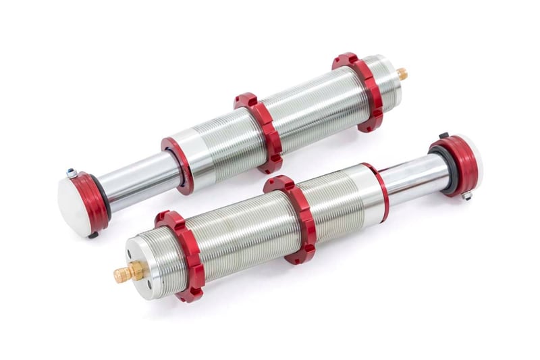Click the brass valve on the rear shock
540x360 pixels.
pos(402,74)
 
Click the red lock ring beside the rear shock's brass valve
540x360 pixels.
pos(358,92)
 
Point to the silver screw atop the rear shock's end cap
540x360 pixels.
pos(71,174)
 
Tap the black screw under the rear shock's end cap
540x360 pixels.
pos(94,235)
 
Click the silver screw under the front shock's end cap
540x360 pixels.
pos(466,195)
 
